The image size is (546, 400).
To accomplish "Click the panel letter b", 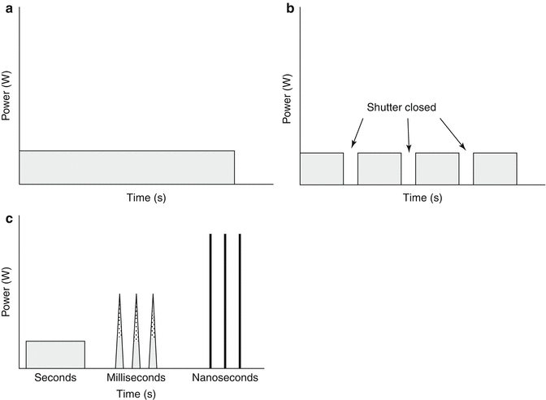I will click(288, 8).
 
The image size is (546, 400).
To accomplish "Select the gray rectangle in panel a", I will click(127, 167).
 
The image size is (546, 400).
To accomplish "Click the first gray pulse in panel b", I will click(322, 168).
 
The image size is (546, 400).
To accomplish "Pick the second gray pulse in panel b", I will click(379, 168).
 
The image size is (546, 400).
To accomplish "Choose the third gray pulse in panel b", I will click(437, 168).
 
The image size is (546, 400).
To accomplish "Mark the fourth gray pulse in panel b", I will click(495, 168).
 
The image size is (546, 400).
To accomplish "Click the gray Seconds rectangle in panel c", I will click(55, 354).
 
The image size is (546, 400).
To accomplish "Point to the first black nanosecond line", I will click(211, 301).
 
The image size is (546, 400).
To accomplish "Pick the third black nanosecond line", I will click(240, 301).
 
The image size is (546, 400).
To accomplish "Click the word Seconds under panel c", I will click(54, 378).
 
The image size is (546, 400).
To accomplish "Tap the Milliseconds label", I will click(136, 378).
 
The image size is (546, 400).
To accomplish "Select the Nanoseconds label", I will click(225, 378).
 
